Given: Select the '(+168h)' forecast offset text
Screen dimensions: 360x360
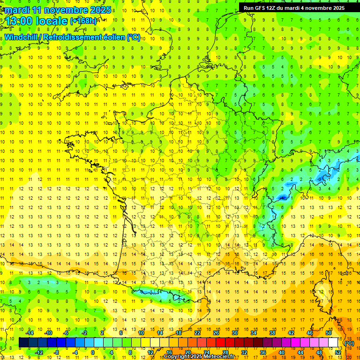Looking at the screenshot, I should (x=83, y=21).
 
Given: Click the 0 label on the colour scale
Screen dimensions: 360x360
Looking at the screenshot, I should (x=93, y=352).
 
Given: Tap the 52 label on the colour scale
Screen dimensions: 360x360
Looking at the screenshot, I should (x=338, y=352).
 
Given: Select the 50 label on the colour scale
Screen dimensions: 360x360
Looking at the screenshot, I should (x=329, y=333).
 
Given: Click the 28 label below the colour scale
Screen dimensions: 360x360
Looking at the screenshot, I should (x=225, y=352).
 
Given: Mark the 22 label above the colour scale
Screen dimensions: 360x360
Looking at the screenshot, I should (x=197, y=333).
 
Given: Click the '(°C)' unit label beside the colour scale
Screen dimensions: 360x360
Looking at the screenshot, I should (x=349, y=343).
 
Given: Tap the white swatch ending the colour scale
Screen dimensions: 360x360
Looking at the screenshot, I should (x=333, y=343).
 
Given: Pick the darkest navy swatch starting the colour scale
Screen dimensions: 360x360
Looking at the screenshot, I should (x=24, y=343).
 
